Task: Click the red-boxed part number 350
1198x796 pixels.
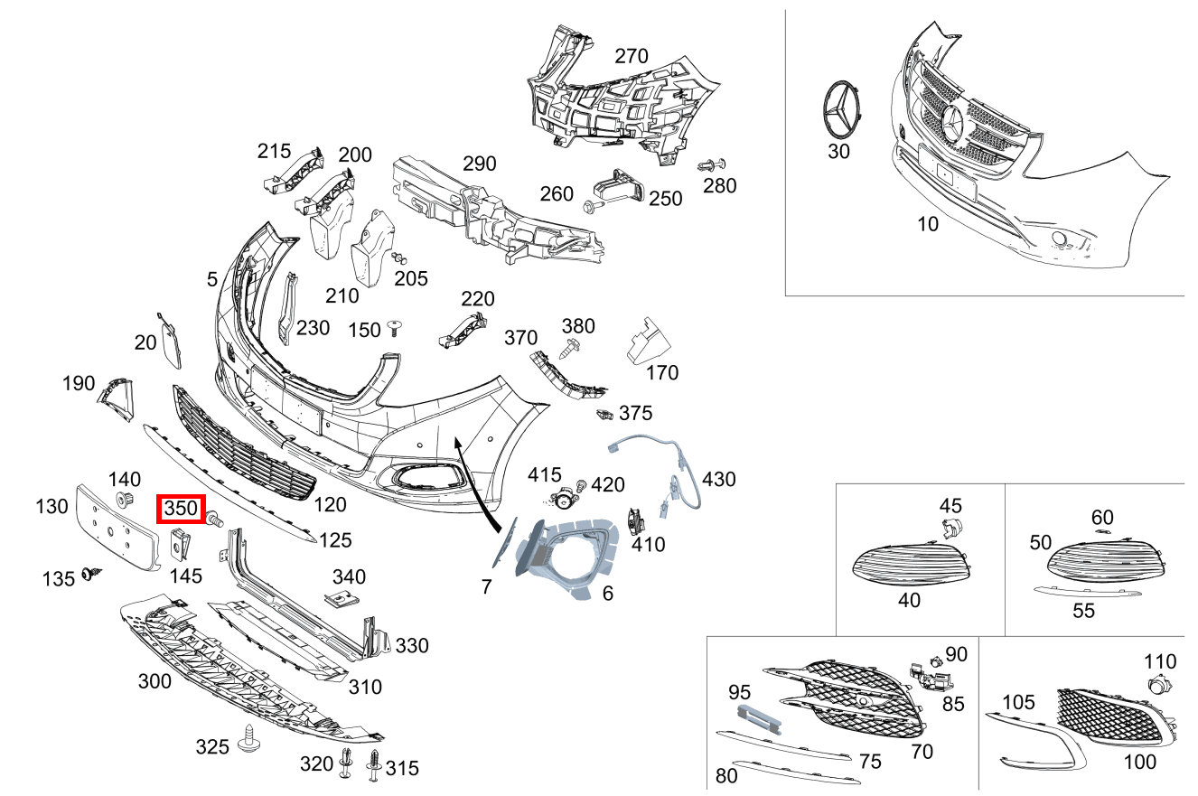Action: pyautogui.click(x=182, y=509)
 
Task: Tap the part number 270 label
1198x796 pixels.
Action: pyautogui.click(x=632, y=56)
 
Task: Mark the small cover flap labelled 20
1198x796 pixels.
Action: pyautogui.click(x=169, y=341)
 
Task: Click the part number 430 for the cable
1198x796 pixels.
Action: pyautogui.click(x=718, y=479)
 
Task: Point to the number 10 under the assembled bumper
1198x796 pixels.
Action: pyautogui.click(x=928, y=224)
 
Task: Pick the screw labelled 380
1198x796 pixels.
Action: pyautogui.click(x=571, y=346)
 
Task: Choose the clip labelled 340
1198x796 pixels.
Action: pyautogui.click(x=342, y=598)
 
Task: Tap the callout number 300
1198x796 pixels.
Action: pyautogui.click(x=154, y=680)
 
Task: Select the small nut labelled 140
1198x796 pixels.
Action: pyautogui.click(x=122, y=501)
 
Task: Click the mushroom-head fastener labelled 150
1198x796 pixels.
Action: pyautogui.click(x=394, y=326)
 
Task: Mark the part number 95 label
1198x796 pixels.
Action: pyautogui.click(x=740, y=692)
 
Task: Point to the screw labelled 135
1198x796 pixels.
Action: pyautogui.click(x=90, y=573)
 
